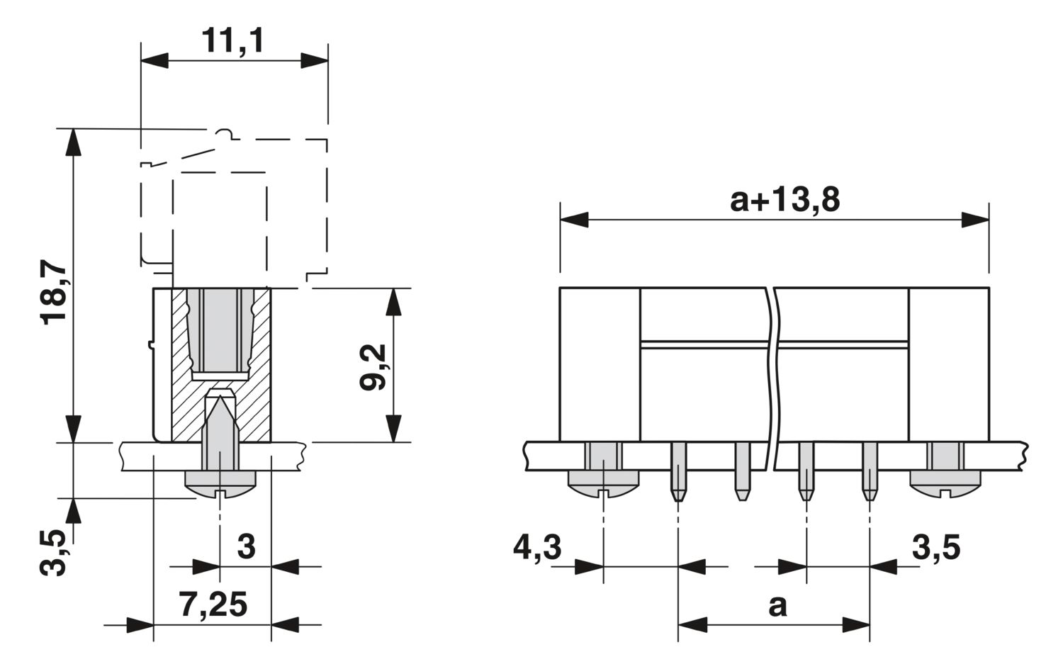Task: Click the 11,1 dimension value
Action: [233, 41]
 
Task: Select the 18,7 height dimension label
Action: [54, 292]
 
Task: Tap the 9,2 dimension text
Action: [373, 367]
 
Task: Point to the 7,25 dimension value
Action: [213, 604]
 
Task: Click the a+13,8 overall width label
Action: [785, 200]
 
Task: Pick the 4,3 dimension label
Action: [537, 548]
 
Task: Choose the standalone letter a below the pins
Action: [777, 606]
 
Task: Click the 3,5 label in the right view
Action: [936, 548]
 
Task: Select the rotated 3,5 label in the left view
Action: [52, 553]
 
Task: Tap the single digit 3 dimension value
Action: [247, 546]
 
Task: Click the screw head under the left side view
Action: [220, 484]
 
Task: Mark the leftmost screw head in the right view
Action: [603, 484]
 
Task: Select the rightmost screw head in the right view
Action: [945, 484]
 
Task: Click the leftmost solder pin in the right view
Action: [679, 471]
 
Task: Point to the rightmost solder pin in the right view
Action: [870, 471]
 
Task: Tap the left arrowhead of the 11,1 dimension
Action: [154, 61]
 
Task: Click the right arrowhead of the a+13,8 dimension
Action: [975, 220]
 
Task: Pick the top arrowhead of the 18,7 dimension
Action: [72, 142]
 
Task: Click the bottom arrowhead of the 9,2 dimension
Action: [393, 429]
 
